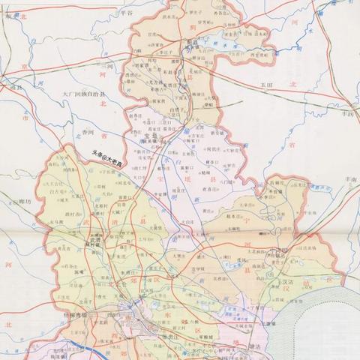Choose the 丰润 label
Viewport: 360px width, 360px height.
pos(346,115)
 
